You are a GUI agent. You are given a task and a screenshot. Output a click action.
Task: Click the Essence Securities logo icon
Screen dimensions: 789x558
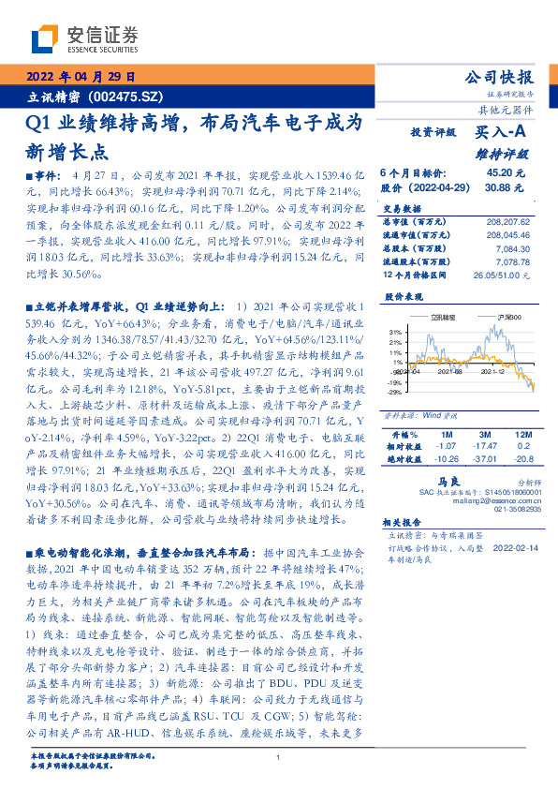(x=47, y=38)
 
